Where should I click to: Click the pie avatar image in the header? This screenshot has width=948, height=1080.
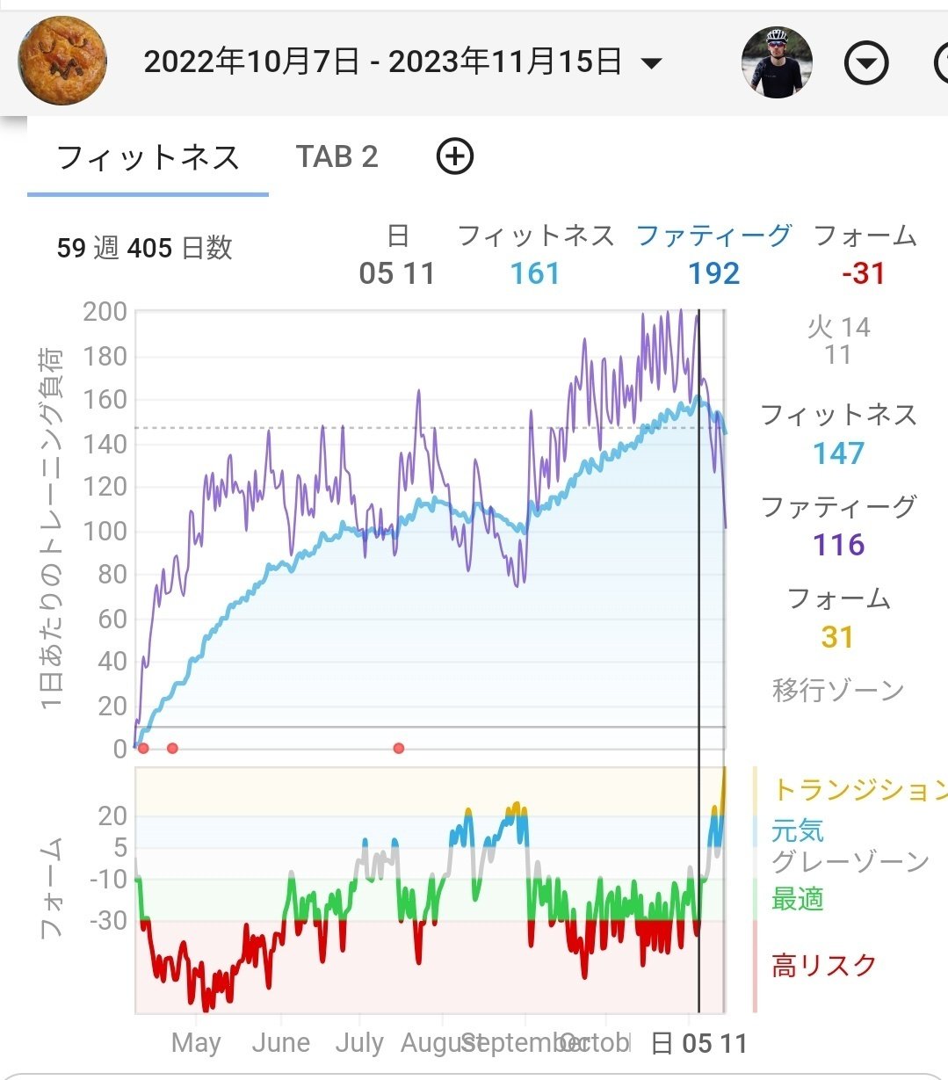pos(62,61)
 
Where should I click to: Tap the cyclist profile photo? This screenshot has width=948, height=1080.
pos(777,62)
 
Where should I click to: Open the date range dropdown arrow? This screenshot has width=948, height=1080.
pos(651,63)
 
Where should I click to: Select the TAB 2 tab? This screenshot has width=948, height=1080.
pos(337,156)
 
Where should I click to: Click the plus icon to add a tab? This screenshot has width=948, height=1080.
pos(455,156)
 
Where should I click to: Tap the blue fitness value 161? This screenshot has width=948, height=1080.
pos(535,273)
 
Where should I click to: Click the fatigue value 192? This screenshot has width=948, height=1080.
pos(713,273)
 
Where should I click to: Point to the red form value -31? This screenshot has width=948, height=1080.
pos(864,273)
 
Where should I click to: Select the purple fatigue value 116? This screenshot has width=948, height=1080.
pos(838,545)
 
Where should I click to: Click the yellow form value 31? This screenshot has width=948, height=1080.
pos(837,637)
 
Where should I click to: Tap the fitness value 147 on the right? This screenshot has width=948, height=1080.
pos(838,453)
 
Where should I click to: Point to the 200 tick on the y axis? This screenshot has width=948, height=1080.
pos(105,312)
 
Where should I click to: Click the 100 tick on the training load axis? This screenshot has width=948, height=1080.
pos(105,531)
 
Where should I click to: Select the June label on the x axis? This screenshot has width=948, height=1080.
pos(280,1043)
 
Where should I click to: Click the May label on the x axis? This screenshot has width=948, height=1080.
pos(196,1043)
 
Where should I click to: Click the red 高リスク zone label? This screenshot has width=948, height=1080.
pos(823,966)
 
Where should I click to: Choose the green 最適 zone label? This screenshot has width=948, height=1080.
pos(797,899)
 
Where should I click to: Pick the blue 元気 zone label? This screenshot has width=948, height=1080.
pos(797,830)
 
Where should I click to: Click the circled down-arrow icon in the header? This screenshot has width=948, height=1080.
pos(866,63)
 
